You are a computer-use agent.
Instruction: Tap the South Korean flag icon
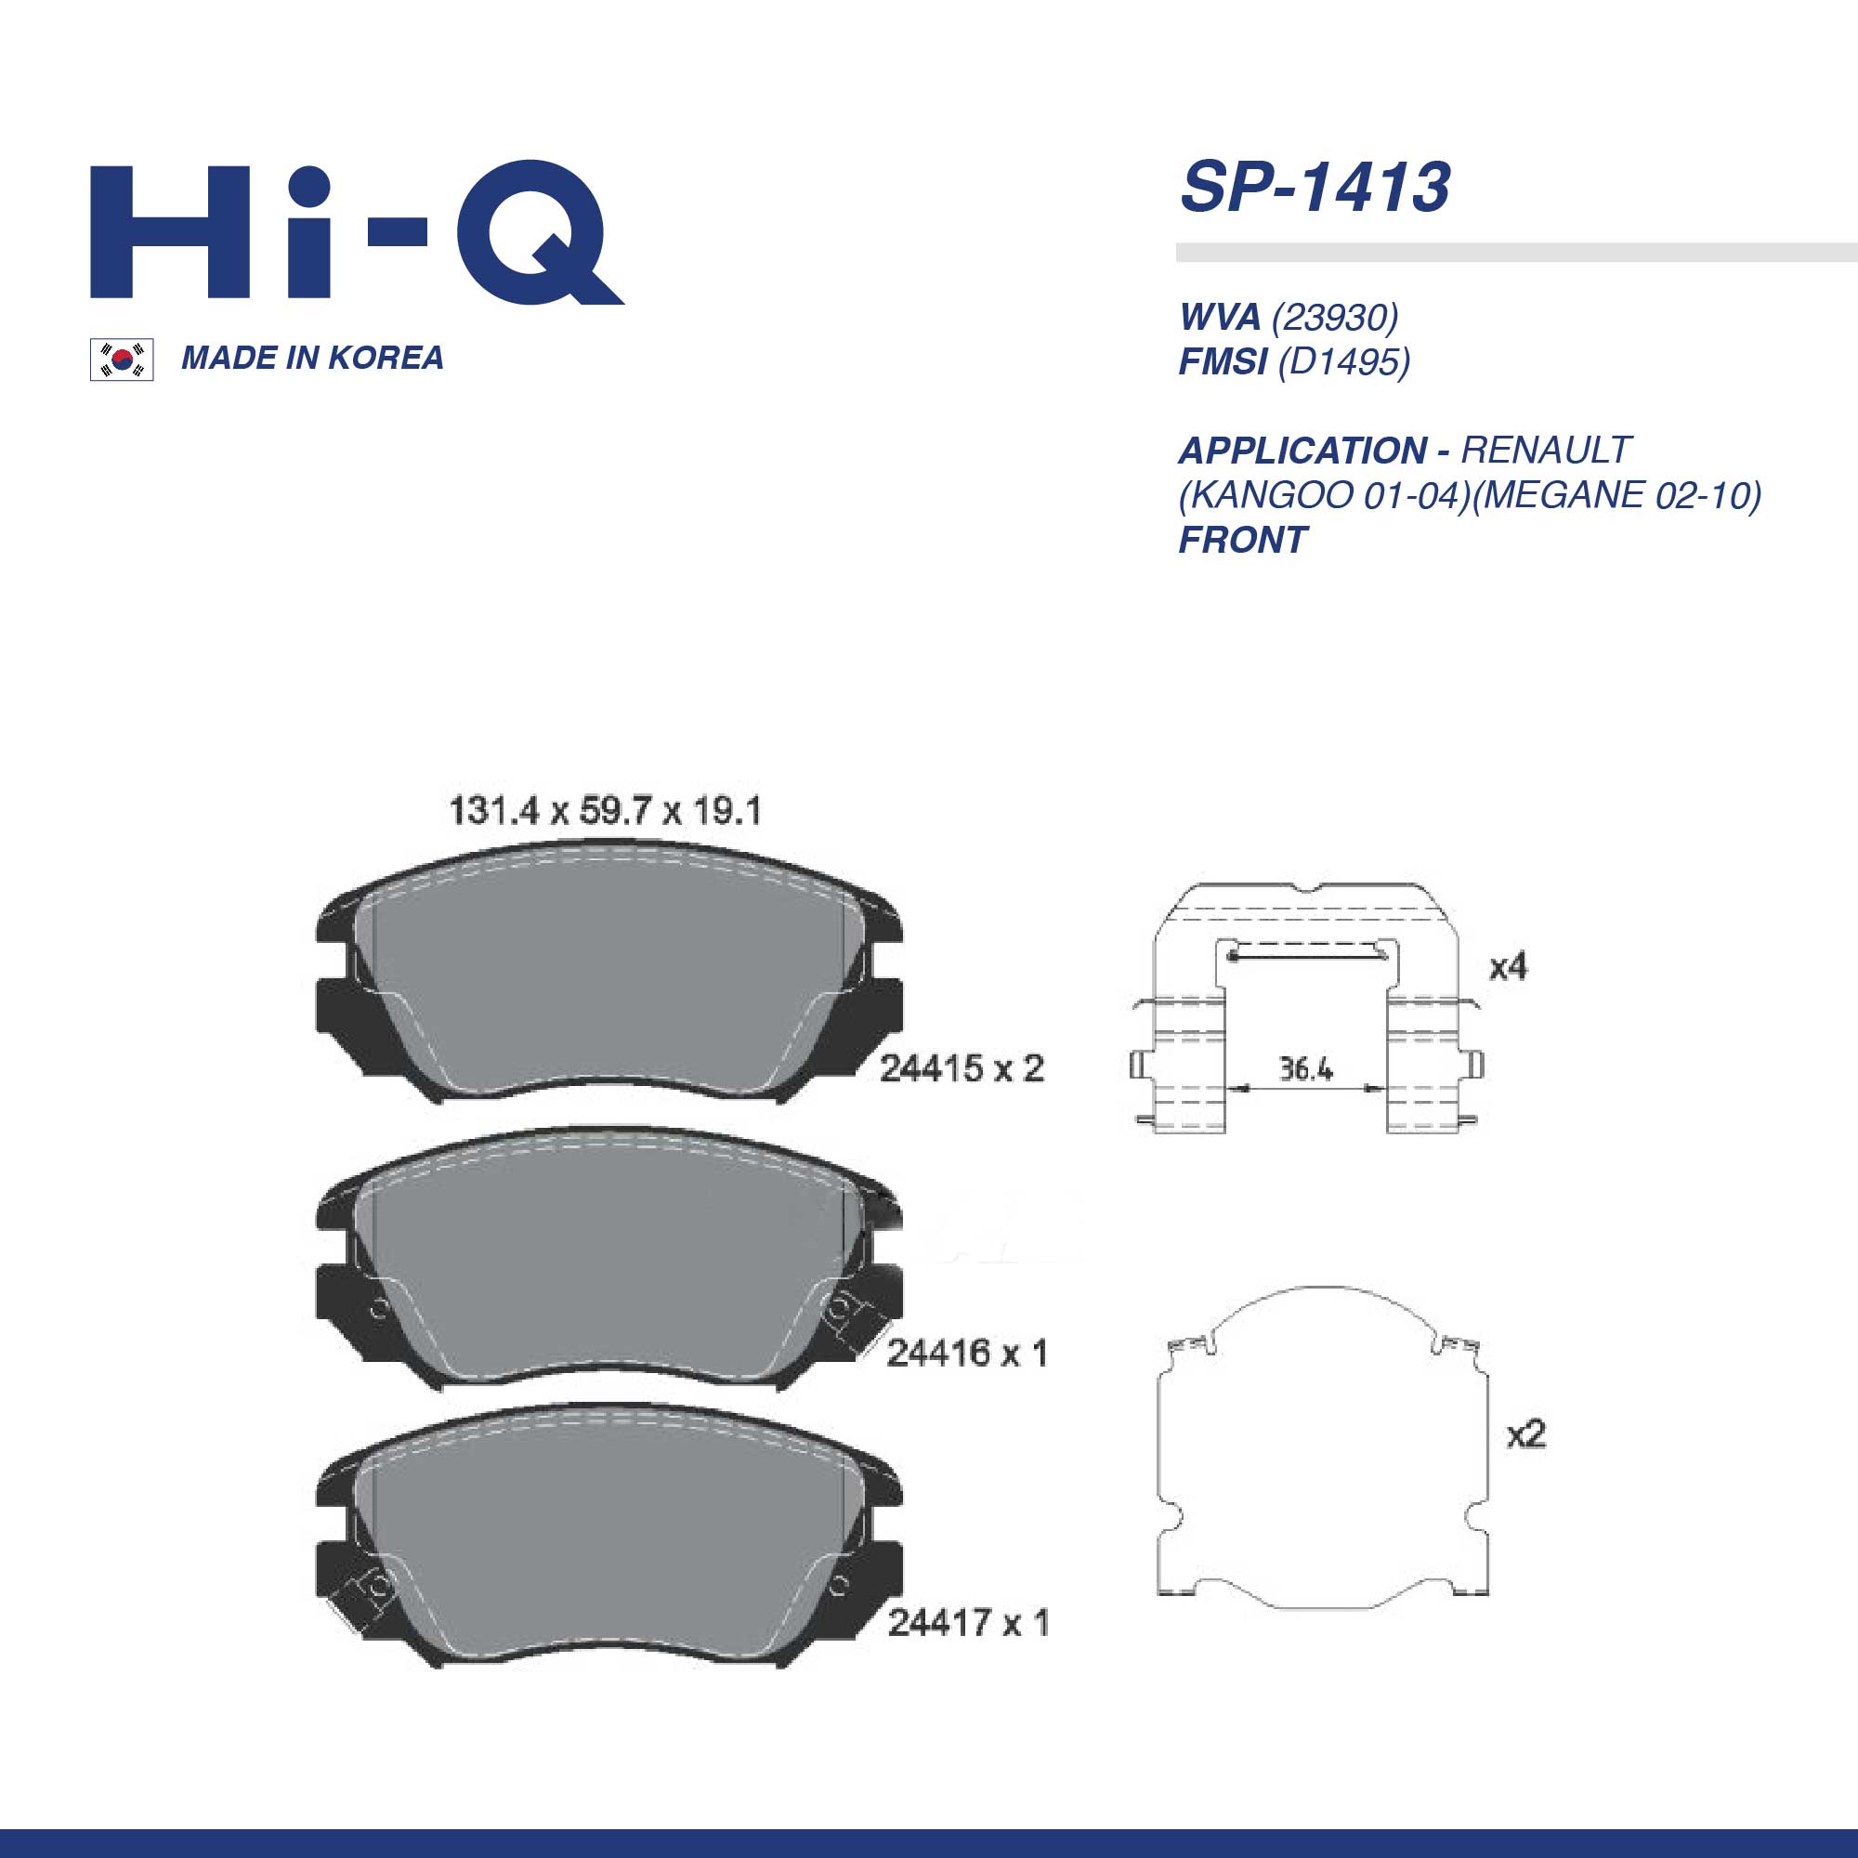click(x=122, y=360)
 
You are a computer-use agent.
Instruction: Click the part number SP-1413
click(x=1315, y=187)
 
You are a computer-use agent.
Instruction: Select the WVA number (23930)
click(x=1335, y=317)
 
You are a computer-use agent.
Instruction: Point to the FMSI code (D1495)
click(x=1343, y=361)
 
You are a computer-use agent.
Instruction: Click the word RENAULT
click(x=1546, y=450)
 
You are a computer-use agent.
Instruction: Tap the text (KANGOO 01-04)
click(x=1324, y=495)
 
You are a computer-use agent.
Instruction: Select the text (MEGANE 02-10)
click(x=1616, y=495)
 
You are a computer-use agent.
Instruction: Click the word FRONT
click(x=1242, y=541)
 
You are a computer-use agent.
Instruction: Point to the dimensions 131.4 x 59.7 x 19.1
click(x=605, y=811)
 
